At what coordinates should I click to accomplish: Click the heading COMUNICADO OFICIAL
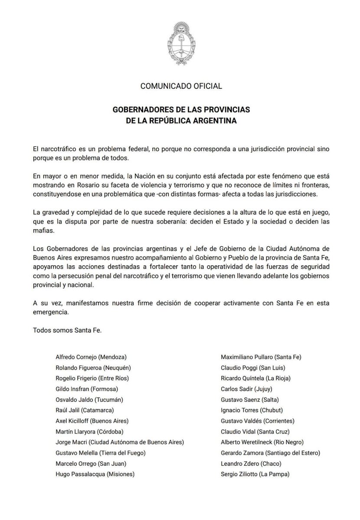[x=181, y=86]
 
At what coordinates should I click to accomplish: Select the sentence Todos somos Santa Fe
[x=67, y=330]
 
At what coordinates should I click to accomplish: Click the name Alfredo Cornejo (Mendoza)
[x=94, y=357]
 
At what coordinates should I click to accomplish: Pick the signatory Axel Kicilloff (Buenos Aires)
[x=92, y=420]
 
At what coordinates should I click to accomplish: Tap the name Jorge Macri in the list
[x=72, y=442]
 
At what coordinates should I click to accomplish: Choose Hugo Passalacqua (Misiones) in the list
[x=95, y=474]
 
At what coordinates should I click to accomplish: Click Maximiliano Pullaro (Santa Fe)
[x=261, y=357]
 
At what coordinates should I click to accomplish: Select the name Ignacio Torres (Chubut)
[x=252, y=410]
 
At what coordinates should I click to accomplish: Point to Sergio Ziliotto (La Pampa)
[x=255, y=474]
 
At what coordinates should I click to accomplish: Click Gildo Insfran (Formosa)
[x=87, y=389]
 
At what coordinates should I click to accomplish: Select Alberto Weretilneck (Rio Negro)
[x=262, y=442]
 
